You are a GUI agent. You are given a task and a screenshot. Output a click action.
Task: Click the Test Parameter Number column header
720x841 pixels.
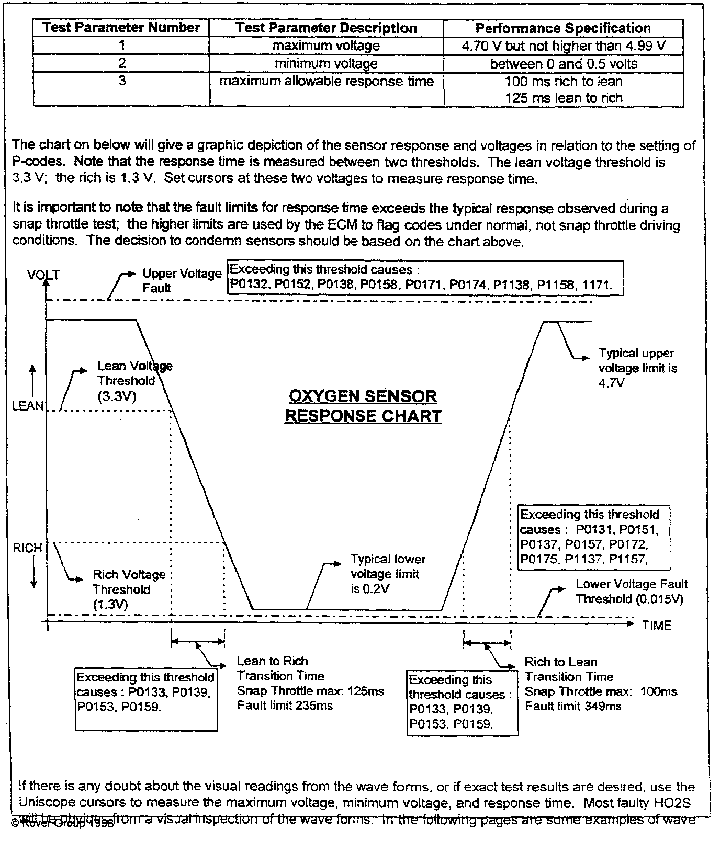click(x=121, y=28)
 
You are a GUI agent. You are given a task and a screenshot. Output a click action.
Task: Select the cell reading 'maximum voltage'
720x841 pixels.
click(x=326, y=46)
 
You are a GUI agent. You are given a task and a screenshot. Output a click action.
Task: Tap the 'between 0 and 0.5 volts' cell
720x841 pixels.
click(x=564, y=64)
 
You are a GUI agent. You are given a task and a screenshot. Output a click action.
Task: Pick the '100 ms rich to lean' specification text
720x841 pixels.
click(x=564, y=82)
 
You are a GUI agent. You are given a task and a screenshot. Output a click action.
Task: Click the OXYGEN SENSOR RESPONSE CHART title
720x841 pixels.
click(x=363, y=406)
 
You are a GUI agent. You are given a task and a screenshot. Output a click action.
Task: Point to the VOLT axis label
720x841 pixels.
click(x=43, y=275)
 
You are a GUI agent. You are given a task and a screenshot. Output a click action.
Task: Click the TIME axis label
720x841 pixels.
click(x=657, y=626)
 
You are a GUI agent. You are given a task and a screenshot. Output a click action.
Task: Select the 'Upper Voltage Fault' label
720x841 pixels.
click(x=182, y=280)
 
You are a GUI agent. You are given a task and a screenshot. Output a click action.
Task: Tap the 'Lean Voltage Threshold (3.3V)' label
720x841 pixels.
click(x=134, y=381)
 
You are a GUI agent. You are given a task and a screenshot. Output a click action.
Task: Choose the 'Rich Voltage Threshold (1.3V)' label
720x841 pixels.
click(x=129, y=589)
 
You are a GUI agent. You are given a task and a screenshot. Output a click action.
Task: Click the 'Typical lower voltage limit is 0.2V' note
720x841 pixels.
click(x=388, y=574)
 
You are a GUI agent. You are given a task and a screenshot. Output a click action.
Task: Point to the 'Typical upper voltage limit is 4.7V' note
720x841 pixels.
click(x=637, y=368)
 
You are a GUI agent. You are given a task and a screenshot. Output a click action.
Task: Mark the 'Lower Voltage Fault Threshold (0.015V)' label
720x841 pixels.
click(x=631, y=592)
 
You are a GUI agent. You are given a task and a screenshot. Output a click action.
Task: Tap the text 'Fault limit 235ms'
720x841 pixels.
click(x=285, y=706)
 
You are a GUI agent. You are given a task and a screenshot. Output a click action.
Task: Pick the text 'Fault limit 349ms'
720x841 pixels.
click(x=573, y=706)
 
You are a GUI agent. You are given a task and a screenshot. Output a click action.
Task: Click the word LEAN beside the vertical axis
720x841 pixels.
click(x=28, y=406)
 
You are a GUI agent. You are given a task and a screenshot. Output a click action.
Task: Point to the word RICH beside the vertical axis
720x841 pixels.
click(x=27, y=548)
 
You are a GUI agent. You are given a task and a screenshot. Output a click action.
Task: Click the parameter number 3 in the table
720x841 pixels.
click(x=121, y=81)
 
